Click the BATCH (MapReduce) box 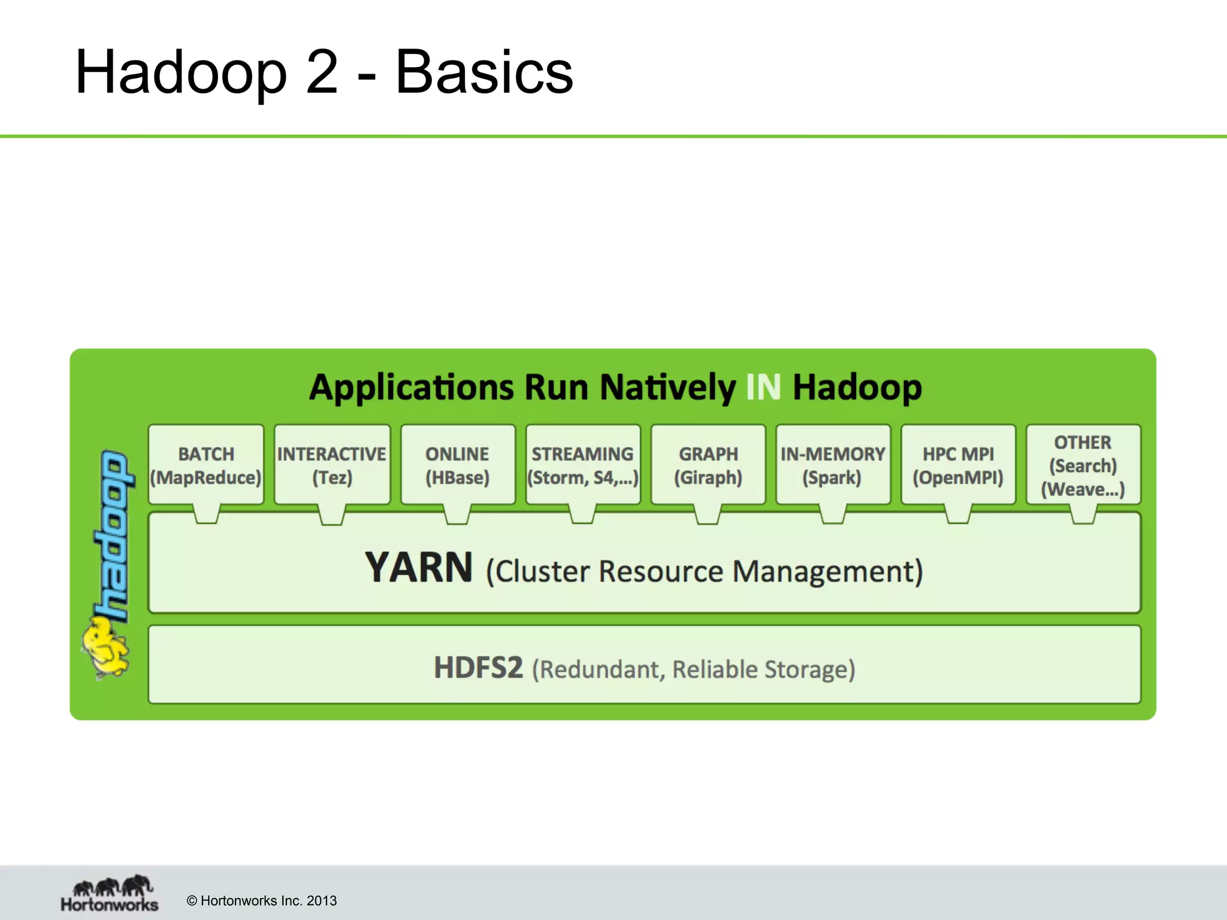coord(206,465)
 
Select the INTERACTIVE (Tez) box coord(332,465)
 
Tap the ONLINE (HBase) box coord(458,465)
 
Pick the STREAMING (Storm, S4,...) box coord(583,465)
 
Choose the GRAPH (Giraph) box coord(708,465)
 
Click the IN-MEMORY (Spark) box coord(833,465)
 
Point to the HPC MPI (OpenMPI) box coord(958,465)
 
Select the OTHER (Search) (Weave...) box coord(1083,465)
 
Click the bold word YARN coord(419,568)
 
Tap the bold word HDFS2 coord(478,667)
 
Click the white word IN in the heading coord(763,388)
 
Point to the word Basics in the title coord(484,72)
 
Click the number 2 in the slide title coord(322,72)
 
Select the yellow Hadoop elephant coord(107,650)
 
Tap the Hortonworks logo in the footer coord(110,893)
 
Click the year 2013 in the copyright coord(322,901)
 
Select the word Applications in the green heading coord(412,388)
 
